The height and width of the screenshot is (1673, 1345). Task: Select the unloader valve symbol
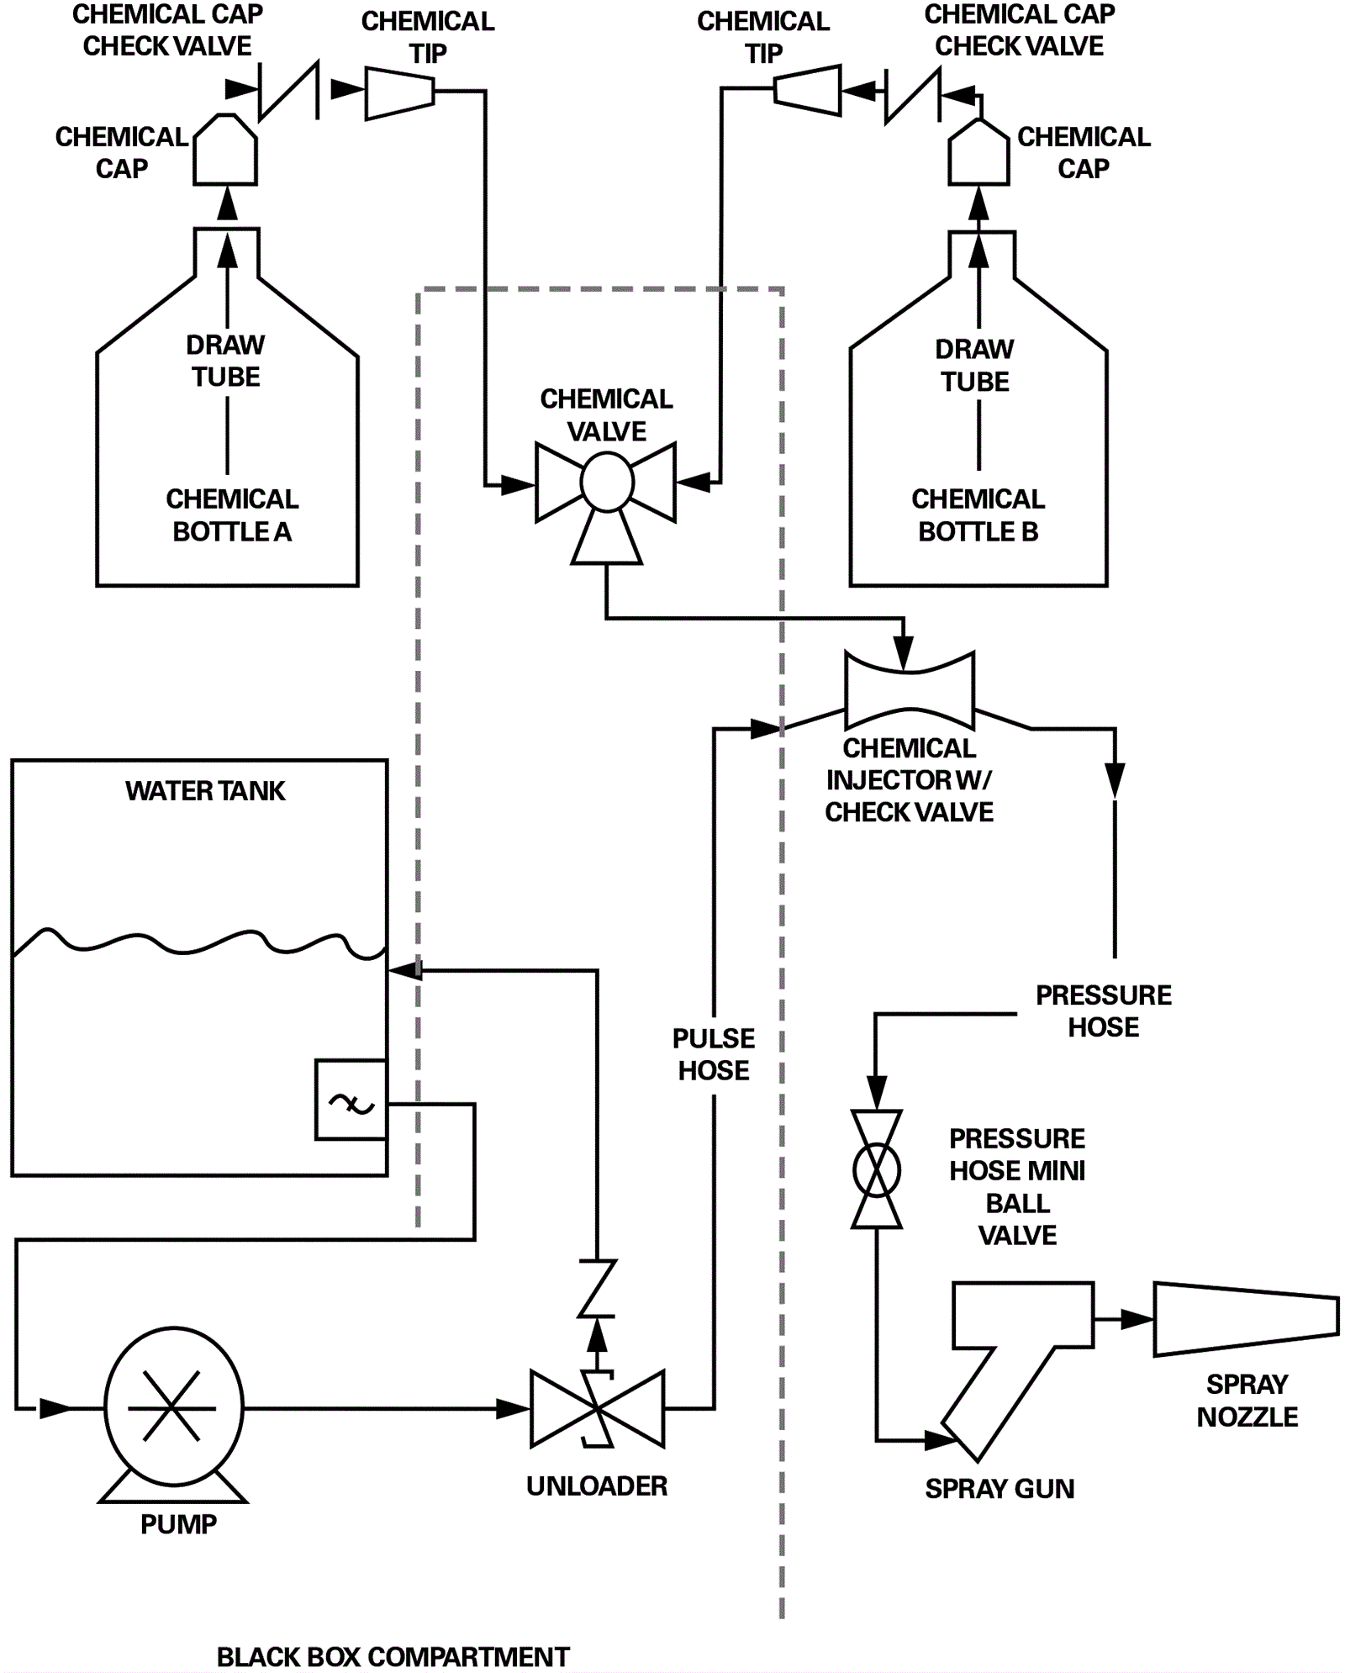click(x=597, y=1409)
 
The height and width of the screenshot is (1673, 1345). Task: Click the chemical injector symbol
click(x=909, y=691)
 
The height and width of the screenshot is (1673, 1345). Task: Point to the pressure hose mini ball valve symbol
click(x=876, y=1169)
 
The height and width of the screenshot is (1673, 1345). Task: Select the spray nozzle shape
click(x=1245, y=1319)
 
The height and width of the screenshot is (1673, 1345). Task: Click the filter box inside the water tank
click(x=351, y=1100)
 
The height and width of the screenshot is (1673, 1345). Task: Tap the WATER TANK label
click(x=205, y=791)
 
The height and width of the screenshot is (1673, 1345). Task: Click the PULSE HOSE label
click(x=714, y=1054)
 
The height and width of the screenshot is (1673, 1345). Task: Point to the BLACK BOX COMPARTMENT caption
click(x=393, y=1657)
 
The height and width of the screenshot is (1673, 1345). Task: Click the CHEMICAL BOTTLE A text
click(x=232, y=515)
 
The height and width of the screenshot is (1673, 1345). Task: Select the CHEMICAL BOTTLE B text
click(x=978, y=515)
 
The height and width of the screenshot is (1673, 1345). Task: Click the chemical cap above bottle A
click(x=225, y=151)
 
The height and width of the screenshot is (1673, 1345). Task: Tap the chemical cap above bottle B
click(x=978, y=154)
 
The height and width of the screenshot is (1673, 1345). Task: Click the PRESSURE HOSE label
click(x=1103, y=1011)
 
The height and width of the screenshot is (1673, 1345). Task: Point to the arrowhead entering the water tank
click(x=406, y=970)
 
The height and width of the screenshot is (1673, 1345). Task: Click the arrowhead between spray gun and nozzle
click(x=1136, y=1319)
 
